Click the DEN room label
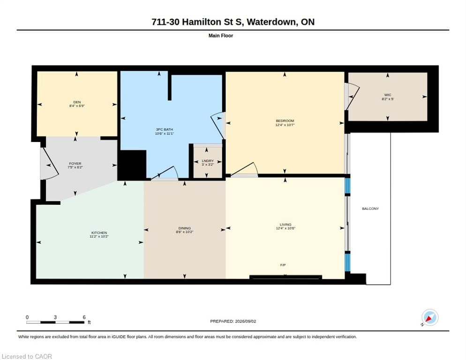(x=77, y=102)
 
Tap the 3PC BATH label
(x=165, y=129)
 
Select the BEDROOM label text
(x=285, y=120)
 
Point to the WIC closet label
(x=388, y=95)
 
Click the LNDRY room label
(x=208, y=160)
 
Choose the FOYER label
(x=75, y=164)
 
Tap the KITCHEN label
(x=99, y=232)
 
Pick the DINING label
(x=185, y=228)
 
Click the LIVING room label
(x=286, y=225)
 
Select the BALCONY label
(x=370, y=209)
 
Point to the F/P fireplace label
(x=283, y=265)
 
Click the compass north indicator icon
(x=429, y=317)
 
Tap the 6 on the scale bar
(x=84, y=317)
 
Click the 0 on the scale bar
(x=27, y=317)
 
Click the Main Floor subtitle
(x=221, y=36)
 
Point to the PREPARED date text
(x=233, y=321)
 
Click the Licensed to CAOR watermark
(x=27, y=356)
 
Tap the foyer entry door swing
(x=49, y=164)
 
